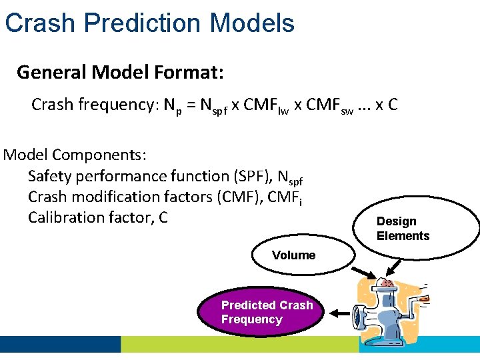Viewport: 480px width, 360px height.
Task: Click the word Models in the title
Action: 252,23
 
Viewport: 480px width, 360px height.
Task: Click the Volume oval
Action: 293,255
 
